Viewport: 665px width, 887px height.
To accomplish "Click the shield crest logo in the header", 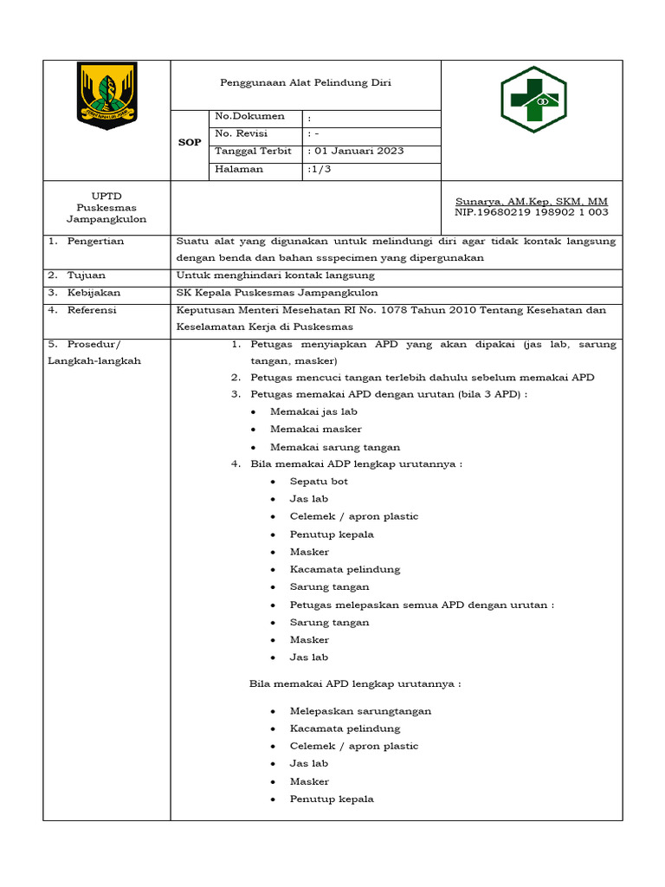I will pyautogui.click(x=107, y=94).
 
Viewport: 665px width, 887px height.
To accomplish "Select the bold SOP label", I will pyautogui.click(x=190, y=143).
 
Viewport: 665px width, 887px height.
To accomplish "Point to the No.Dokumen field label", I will pyautogui.click(x=249, y=116).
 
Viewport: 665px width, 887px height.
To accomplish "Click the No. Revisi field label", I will pyautogui.click(x=242, y=133).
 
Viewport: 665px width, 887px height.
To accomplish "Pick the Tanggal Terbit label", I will pyautogui.click(x=253, y=151).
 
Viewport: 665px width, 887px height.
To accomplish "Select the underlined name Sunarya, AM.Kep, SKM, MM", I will pyautogui.click(x=532, y=201).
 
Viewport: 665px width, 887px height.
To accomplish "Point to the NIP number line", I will pyautogui.click(x=532, y=212).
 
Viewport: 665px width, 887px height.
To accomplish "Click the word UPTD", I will pyautogui.click(x=107, y=196).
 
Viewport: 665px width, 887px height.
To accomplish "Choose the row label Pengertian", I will pyautogui.click(x=96, y=241).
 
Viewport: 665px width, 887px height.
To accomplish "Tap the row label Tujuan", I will pyautogui.click(x=87, y=275).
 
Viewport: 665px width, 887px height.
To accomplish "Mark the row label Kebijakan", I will pyautogui.click(x=94, y=293).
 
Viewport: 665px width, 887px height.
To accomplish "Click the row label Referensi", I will pyautogui.click(x=93, y=310).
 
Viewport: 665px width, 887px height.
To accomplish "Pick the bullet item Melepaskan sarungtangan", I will pyautogui.click(x=360, y=711).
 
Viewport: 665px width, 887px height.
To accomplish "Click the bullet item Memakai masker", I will pyautogui.click(x=315, y=430).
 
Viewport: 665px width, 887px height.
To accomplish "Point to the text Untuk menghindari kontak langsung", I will pyautogui.click(x=275, y=275).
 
